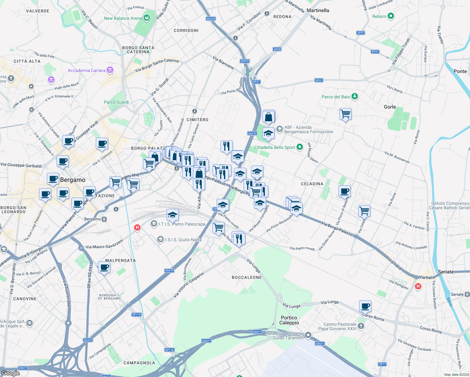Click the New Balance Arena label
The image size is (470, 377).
[123, 19]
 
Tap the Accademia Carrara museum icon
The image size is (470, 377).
[110, 70]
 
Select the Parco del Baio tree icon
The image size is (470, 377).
[355, 96]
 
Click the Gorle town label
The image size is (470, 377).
[390, 107]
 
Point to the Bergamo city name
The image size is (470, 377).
[73, 180]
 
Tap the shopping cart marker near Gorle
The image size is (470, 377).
[345, 114]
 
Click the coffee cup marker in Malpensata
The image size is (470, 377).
[104, 267]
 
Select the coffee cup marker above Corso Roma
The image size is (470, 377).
[365, 306]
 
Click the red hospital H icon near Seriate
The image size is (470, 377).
[418, 286]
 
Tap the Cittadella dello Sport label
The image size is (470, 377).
[274, 147]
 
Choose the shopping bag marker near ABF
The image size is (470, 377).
[269, 117]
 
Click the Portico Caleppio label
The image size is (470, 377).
[289, 320]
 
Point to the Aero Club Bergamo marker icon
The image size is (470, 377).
[308, 335]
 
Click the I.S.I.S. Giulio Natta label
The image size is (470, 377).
[183, 240]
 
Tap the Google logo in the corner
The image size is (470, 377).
[10, 373]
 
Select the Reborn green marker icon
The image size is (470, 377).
[391, 16]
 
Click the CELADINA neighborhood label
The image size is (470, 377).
[312, 184]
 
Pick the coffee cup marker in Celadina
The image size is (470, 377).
[344, 191]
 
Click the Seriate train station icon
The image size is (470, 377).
[467, 294]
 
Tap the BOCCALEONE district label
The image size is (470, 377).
[247, 277]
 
